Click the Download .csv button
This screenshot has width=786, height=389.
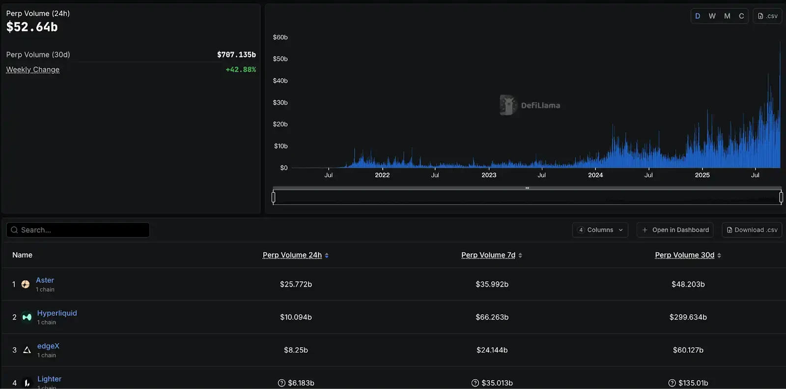(x=752, y=230)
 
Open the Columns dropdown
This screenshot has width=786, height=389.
(x=600, y=230)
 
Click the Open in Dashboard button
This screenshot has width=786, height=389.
(x=675, y=230)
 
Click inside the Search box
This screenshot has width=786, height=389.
(x=79, y=230)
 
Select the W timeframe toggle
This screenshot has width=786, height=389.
(x=712, y=16)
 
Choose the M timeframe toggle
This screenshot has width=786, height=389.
(x=727, y=16)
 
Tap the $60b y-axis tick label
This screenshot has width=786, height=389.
(x=280, y=37)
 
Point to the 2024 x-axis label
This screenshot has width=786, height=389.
(x=595, y=175)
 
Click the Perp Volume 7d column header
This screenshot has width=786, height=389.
(x=488, y=255)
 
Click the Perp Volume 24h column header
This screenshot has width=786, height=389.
(x=292, y=255)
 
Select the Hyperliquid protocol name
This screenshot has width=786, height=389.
(x=57, y=313)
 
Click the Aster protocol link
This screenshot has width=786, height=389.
(x=45, y=280)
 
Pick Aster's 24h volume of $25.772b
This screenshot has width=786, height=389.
(x=296, y=284)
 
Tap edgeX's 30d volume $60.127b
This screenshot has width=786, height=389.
(x=688, y=350)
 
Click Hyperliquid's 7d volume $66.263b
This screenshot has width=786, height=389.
(x=492, y=317)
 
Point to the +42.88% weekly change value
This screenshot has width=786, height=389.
(x=241, y=69)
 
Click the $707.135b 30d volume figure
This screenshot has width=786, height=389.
(x=236, y=55)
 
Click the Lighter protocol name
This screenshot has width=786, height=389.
(x=49, y=379)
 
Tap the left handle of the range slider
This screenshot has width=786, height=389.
(x=274, y=197)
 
